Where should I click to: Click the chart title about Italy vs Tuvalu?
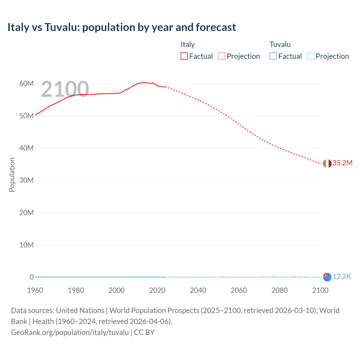[x=121, y=27]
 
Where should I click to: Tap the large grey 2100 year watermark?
[x=65, y=89]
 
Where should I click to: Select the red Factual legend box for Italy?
[x=184, y=56]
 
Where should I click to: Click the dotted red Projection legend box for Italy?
[x=222, y=56]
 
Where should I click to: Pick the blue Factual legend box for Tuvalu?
[x=273, y=56]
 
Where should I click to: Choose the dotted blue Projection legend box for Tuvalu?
[x=311, y=56]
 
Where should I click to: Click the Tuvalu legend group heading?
[x=280, y=44]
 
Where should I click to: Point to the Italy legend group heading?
[x=188, y=44]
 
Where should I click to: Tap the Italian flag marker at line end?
[x=327, y=163]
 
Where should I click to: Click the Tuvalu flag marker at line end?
[x=327, y=277]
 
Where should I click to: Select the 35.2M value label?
[x=342, y=163]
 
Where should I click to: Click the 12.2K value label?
[x=342, y=277]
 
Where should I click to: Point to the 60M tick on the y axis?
[x=26, y=84]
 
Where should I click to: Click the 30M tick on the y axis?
[x=26, y=180]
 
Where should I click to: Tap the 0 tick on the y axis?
[x=31, y=277]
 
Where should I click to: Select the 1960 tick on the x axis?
[x=35, y=290]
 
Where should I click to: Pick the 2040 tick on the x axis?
[x=198, y=290]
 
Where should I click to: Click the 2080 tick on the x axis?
[x=280, y=290]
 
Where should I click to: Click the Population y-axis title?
[x=12, y=175]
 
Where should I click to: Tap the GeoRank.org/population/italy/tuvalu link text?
[x=70, y=332]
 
